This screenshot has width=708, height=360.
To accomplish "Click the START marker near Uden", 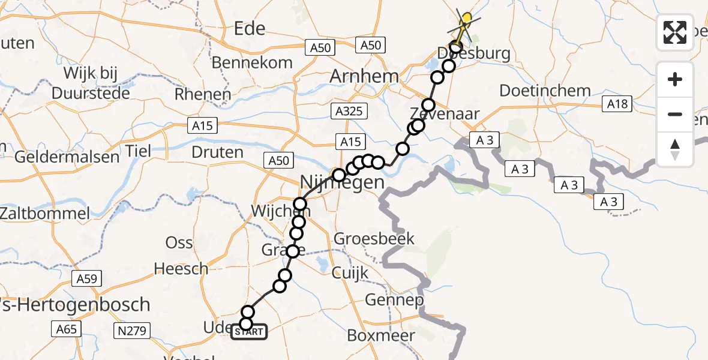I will [x=249, y=331].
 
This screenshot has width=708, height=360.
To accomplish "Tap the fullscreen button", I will [x=675, y=32].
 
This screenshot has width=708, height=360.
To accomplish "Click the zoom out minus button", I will [x=675, y=114].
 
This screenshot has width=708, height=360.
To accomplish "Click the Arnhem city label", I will [x=364, y=77].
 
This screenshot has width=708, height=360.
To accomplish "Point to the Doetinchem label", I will [x=545, y=91].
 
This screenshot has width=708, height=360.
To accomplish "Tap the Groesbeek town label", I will [x=374, y=239].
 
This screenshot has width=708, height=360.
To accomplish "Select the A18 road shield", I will [x=617, y=104].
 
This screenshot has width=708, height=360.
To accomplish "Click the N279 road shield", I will [x=133, y=331].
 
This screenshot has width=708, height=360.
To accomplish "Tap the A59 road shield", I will [x=88, y=278].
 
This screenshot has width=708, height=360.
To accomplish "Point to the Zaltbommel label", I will [x=45, y=213].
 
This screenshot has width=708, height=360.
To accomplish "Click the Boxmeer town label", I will [x=381, y=335].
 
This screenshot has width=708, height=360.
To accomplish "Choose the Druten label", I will [x=218, y=152].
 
